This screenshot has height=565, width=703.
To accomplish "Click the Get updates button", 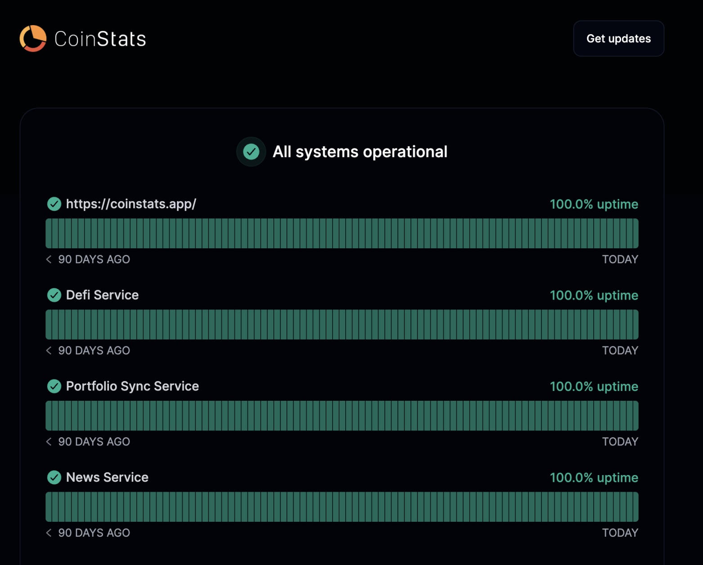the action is (618, 39).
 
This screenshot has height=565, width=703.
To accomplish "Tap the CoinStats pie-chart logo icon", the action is (33, 39).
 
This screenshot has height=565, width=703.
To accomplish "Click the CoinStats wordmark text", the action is (100, 39).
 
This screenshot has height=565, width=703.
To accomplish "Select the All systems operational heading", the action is (360, 152).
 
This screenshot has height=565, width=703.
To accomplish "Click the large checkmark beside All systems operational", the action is (251, 152).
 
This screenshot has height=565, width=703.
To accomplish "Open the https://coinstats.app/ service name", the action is (131, 204).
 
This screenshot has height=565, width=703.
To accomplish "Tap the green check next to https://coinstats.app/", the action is (54, 204).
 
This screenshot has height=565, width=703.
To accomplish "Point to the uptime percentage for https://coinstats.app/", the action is (594, 204).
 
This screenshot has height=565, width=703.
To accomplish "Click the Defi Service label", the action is (102, 295).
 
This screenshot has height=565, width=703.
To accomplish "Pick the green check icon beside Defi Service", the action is (54, 295).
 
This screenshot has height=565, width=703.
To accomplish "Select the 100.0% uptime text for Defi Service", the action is (594, 295).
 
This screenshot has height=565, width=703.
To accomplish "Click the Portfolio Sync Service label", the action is (132, 386).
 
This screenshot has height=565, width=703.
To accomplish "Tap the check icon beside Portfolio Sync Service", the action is (54, 386).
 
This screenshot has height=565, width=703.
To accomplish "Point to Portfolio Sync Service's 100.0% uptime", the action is (594, 386).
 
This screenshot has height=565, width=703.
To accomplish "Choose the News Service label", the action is (107, 477).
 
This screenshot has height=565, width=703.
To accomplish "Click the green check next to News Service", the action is (54, 477).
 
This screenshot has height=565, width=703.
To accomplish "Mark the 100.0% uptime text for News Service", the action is (594, 477).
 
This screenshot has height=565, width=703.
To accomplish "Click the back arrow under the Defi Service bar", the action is (49, 350).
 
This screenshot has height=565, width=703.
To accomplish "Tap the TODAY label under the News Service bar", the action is (620, 533).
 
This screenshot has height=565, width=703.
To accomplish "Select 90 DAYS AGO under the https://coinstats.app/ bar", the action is (94, 259).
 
